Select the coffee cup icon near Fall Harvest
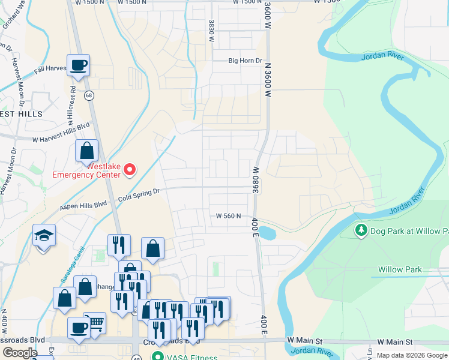78,65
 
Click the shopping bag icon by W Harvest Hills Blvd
86,151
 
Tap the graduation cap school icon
44,235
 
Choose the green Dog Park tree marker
361,230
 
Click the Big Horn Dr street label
246,61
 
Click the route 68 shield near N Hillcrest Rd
88,95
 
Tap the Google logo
20,353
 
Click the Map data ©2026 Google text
411,355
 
